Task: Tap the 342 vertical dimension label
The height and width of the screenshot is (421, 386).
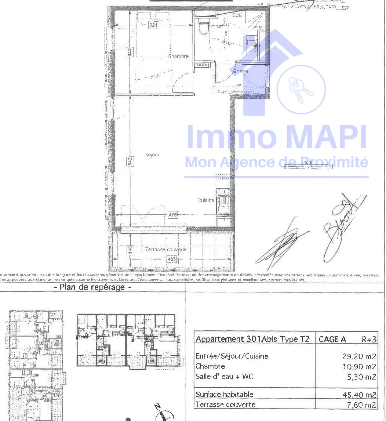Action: click(130, 52)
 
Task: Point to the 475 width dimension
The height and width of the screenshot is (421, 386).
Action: click(172, 215)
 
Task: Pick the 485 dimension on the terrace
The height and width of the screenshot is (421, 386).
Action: click(172, 259)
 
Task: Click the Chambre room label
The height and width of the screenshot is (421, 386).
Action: click(178, 57)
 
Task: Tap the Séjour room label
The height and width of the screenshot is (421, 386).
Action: click(152, 155)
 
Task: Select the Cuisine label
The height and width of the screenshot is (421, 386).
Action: click(206, 200)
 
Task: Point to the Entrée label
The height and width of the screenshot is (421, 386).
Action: click(241, 72)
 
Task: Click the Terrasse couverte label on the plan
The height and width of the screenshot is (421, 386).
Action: click(166, 250)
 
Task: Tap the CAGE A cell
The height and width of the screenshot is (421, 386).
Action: click(332, 340)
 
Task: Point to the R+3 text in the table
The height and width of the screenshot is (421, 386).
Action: click(369, 340)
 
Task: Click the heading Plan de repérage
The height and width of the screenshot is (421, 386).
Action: click(92, 287)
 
